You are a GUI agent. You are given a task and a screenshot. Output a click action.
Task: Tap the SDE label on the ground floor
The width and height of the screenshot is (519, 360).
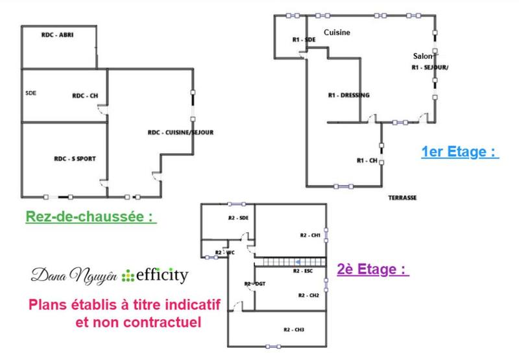tap(30, 93)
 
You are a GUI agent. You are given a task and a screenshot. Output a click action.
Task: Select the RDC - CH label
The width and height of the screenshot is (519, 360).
tap(84, 96)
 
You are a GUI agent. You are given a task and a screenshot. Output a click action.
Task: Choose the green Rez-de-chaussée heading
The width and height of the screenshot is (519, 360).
tap(91, 217)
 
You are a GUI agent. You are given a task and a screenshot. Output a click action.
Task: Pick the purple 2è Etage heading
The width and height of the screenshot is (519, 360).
tap(373, 269)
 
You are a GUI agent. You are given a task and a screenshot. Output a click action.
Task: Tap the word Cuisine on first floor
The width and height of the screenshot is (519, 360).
tap(337, 32)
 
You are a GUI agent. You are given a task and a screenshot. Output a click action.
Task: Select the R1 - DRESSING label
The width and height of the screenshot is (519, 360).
tap(349, 95)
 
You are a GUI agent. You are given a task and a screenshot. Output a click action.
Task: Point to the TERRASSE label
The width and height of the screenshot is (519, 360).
tap(402, 197)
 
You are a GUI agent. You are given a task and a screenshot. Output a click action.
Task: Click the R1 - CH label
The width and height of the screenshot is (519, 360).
tap(367, 160)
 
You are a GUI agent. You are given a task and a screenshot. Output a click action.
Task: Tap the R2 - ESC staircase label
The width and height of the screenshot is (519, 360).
tap(304, 270)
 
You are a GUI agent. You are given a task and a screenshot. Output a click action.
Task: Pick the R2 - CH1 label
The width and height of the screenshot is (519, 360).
tap(309, 235)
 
